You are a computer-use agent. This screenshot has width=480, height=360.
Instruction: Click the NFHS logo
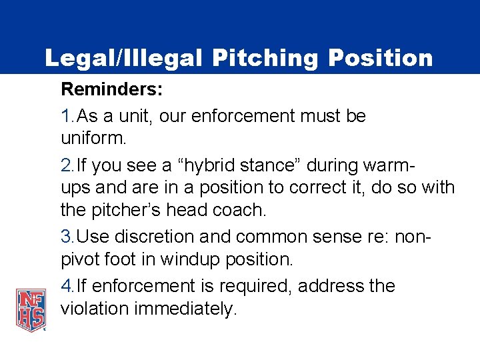[31, 309]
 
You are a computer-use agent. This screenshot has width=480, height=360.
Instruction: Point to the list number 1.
[66, 116]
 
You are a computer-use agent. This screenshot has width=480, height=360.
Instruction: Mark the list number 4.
[66, 286]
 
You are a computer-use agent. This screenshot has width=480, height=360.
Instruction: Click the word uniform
[93, 139]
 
